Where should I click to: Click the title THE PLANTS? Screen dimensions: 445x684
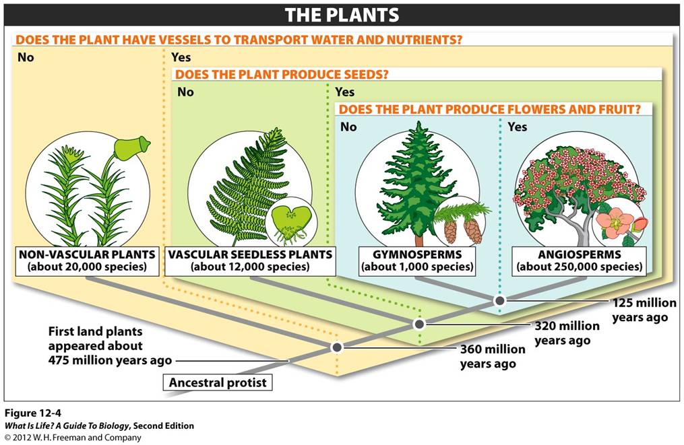(x=342, y=15)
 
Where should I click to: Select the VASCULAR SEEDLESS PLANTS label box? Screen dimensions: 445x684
(x=250, y=261)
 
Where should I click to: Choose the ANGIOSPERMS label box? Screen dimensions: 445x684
(x=578, y=261)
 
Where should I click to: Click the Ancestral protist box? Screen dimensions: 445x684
(x=218, y=383)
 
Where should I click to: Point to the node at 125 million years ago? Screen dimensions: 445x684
(x=499, y=300)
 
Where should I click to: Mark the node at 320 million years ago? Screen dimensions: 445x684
(x=418, y=324)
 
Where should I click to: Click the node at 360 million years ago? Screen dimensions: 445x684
(x=337, y=347)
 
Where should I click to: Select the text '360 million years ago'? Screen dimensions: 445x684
(x=492, y=357)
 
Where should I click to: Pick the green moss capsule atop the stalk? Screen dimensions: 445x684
(x=131, y=147)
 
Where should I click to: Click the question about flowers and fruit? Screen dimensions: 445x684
(x=489, y=109)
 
